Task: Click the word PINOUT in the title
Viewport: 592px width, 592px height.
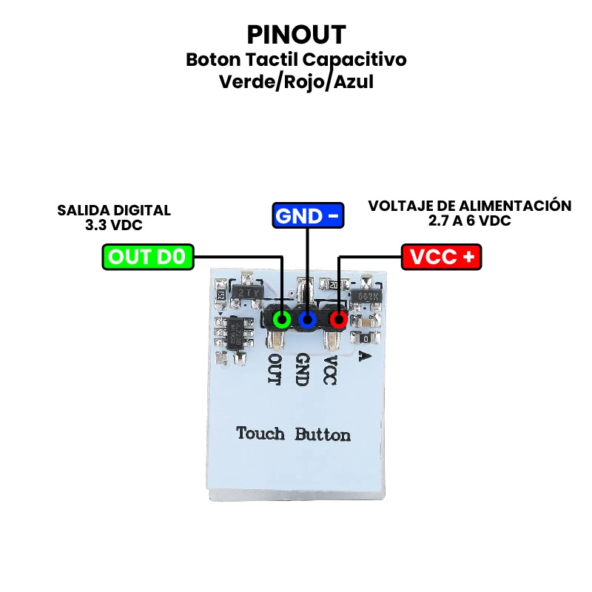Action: (x=296, y=34)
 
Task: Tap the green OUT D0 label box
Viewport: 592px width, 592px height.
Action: (x=148, y=257)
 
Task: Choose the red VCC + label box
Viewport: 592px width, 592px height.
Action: (x=442, y=257)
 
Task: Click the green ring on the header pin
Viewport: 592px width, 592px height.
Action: (x=282, y=320)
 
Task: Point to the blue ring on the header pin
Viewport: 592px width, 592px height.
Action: (x=308, y=320)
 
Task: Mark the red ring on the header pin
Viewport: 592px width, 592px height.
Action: (x=338, y=320)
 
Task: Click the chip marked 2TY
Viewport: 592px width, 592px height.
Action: (x=246, y=293)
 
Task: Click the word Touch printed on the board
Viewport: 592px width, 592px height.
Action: (x=260, y=434)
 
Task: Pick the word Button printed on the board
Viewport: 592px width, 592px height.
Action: (x=323, y=434)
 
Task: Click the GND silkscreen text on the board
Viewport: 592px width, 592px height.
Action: (x=302, y=369)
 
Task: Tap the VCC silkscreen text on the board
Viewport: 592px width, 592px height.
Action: (x=330, y=369)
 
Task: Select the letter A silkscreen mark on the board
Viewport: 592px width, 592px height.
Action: (x=363, y=357)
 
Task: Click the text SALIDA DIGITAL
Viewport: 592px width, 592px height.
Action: (x=114, y=210)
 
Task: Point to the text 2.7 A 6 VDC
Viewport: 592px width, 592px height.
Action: (x=469, y=221)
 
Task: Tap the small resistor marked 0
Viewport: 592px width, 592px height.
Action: (x=367, y=337)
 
